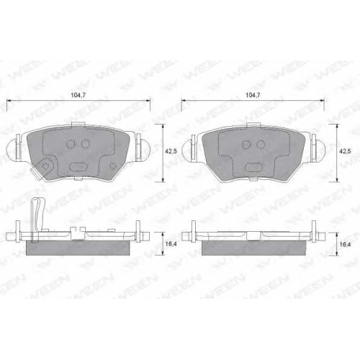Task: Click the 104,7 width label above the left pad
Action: (x=78, y=95)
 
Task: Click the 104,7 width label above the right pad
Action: (x=253, y=95)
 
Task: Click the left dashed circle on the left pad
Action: (x=71, y=144)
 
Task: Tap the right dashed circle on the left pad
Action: (x=85, y=144)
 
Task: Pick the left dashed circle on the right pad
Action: (x=246, y=145)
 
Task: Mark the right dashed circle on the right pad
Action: (x=261, y=145)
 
